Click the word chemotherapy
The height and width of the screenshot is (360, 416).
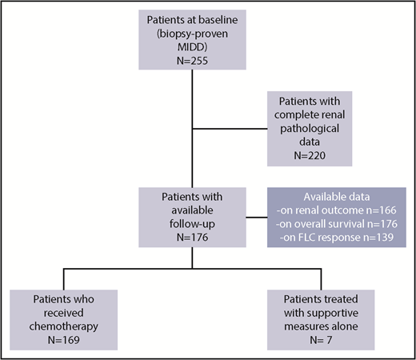[62, 314]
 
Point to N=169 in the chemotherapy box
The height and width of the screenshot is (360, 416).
[62, 328]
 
